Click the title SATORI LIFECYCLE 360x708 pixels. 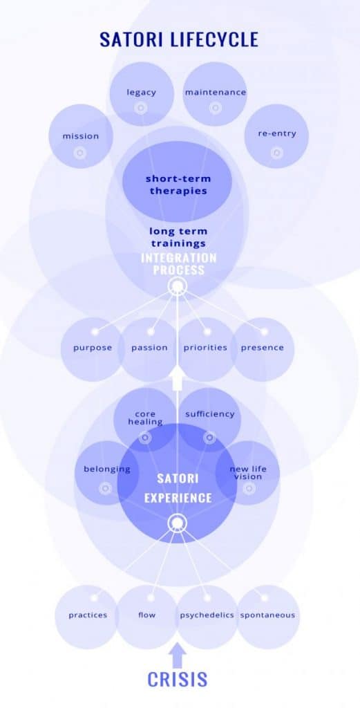[x=179, y=39]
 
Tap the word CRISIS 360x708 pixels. [x=178, y=679]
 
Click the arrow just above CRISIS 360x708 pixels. [x=178, y=655]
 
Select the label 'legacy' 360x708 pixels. [x=141, y=92]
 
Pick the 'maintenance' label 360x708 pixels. [x=215, y=92]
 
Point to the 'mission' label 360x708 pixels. [x=80, y=136]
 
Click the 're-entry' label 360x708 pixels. [x=276, y=133]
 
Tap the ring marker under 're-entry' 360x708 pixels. [x=276, y=153]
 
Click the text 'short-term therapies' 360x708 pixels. [x=178, y=185]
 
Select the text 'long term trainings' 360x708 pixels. [x=178, y=238]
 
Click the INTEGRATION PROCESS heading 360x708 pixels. [x=179, y=264]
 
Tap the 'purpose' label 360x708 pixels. [x=93, y=348]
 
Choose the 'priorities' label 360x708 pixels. [x=205, y=348]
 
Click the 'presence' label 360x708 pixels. [x=262, y=348]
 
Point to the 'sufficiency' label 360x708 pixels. [x=210, y=413]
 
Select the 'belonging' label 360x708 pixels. [x=107, y=469]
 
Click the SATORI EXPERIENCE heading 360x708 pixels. [x=178, y=488]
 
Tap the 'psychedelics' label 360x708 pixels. [x=207, y=615]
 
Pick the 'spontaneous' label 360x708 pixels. [x=267, y=615]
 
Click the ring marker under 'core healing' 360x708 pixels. [x=145, y=438]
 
